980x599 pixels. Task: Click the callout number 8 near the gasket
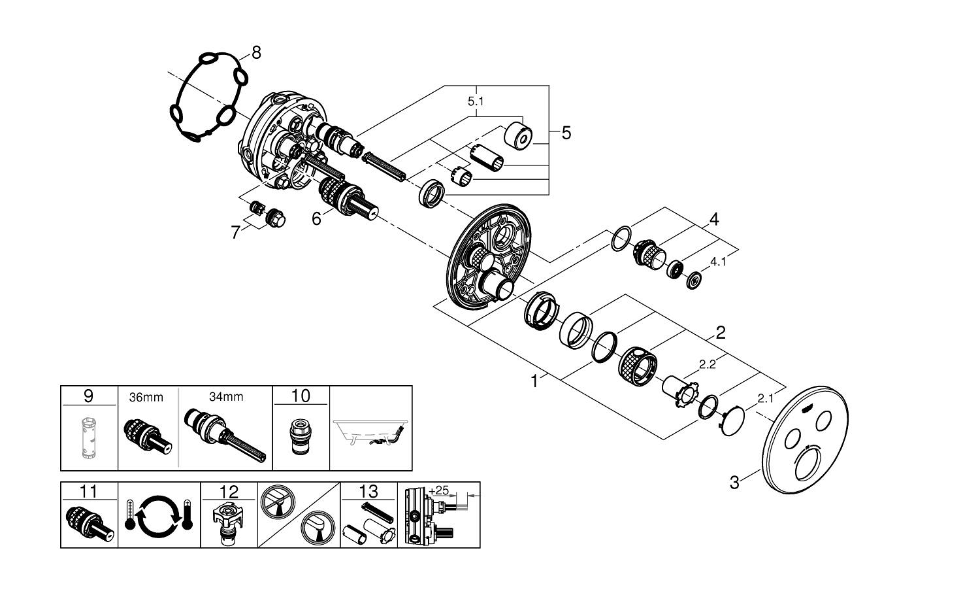(x=256, y=53)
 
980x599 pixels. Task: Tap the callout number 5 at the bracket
(x=566, y=133)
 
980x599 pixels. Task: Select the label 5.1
(x=476, y=102)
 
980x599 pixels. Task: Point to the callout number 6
(x=316, y=218)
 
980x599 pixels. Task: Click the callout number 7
(x=236, y=231)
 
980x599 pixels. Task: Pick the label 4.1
(x=718, y=262)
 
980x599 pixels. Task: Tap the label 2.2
(x=707, y=365)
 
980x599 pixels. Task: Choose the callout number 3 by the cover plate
(x=734, y=483)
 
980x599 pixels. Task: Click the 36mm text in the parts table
(x=146, y=397)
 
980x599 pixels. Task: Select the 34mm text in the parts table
(x=226, y=397)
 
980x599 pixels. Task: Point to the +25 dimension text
(x=439, y=490)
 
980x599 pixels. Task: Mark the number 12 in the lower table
(x=229, y=491)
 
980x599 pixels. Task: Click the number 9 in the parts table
(x=89, y=396)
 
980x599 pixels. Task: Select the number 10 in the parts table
(x=301, y=396)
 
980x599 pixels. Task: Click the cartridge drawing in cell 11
(x=90, y=523)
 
